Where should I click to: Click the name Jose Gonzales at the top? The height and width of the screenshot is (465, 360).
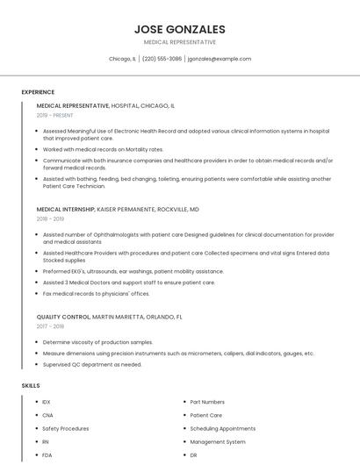(x=179, y=29)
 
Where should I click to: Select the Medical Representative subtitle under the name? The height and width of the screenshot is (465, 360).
(x=179, y=42)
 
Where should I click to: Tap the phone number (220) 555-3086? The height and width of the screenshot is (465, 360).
(x=162, y=59)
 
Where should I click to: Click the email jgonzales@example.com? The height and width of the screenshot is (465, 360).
(x=219, y=59)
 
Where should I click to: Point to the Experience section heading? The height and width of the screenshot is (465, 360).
(x=38, y=92)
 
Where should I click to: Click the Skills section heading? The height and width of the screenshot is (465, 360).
(x=31, y=385)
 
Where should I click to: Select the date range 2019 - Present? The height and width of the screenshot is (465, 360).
(x=55, y=115)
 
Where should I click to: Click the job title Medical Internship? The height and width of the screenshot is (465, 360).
(x=65, y=210)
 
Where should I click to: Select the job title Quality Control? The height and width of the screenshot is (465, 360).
(x=63, y=316)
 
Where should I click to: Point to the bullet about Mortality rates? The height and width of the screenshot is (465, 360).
(x=103, y=149)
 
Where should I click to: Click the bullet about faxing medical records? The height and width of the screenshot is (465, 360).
(x=96, y=293)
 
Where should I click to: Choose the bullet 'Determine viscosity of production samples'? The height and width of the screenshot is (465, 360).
(x=97, y=341)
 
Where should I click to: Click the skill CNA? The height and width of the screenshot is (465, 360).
(x=48, y=415)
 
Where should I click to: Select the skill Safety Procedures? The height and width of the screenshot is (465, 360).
(x=66, y=428)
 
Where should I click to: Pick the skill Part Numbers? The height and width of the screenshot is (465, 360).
(x=207, y=402)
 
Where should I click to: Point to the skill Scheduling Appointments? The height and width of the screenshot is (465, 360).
(x=222, y=428)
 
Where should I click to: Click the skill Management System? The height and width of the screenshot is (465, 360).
(x=218, y=442)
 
